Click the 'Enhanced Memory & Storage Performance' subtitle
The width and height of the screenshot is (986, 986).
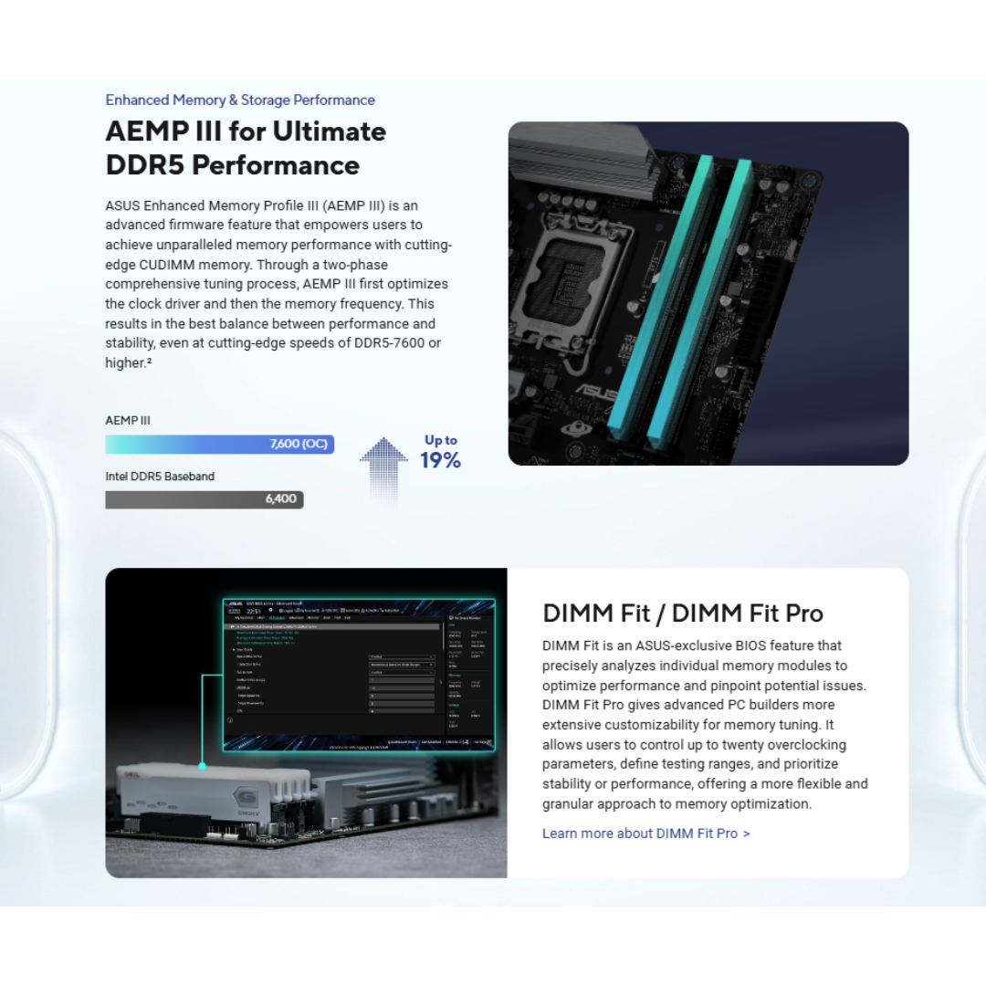(x=240, y=100)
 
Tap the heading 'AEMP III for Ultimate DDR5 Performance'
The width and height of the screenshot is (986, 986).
(x=246, y=148)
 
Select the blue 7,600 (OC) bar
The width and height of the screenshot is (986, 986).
(x=219, y=445)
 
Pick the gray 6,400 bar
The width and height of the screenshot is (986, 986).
(x=204, y=499)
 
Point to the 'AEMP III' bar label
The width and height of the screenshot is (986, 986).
(x=128, y=421)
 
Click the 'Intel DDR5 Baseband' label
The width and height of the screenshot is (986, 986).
(x=160, y=477)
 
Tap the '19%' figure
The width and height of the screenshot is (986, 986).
(x=440, y=461)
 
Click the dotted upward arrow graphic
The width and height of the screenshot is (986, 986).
(x=383, y=466)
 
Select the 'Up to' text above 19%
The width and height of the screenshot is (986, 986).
(x=441, y=440)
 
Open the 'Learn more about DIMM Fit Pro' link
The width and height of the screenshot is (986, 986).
(x=645, y=834)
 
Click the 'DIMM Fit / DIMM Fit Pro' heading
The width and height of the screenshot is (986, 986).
(x=683, y=613)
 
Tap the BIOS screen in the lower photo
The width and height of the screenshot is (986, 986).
(x=358, y=674)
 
